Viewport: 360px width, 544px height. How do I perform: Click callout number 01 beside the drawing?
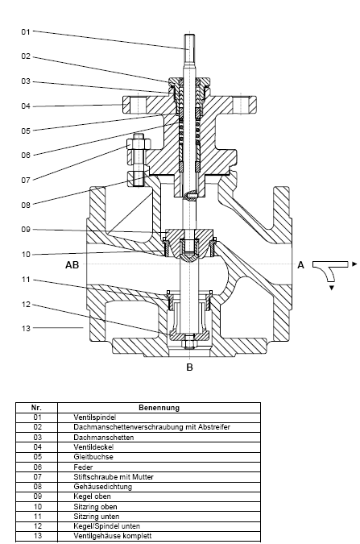[26, 32]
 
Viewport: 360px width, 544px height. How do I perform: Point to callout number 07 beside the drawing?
[26, 180]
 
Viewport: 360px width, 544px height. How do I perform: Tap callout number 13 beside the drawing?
[26, 328]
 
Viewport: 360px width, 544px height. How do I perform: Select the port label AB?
[72, 265]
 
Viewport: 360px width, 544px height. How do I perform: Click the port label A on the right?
[300, 265]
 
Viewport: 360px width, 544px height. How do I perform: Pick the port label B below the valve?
[189, 367]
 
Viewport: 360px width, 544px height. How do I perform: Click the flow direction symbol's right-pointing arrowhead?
[354, 264]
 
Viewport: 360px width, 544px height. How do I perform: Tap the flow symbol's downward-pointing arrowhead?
[332, 288]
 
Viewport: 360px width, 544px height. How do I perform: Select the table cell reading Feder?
[83, 467]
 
